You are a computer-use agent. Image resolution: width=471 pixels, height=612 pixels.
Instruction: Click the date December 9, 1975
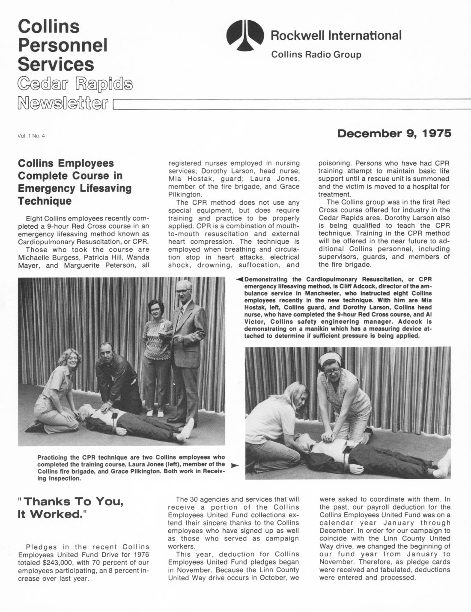tap(394, 134)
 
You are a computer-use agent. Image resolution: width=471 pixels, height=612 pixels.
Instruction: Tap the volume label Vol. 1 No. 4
tap(31, 136)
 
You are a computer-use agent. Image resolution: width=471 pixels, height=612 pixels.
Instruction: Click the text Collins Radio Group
tap(316, 55)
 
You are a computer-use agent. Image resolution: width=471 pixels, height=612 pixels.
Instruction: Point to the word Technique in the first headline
tap(45, 201)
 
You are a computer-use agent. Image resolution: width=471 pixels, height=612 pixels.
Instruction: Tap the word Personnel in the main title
tap(63, 45)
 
